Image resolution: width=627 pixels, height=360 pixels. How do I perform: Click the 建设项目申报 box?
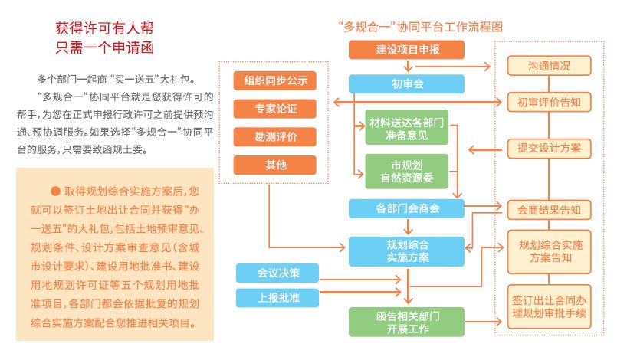coord(407,51)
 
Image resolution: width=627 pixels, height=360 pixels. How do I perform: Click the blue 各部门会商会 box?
coord(407,208)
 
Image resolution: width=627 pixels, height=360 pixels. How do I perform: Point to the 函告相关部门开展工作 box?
coord(407,322)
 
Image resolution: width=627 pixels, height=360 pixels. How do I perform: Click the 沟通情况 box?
coord(549,67)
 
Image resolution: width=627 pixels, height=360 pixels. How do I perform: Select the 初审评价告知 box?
coord(549,101)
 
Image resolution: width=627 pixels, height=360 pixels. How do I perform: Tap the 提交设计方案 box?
coord(549,148)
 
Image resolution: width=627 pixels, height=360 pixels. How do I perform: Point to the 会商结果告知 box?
coord(549,209)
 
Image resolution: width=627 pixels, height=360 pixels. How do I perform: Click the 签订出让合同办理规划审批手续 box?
coord(549,305)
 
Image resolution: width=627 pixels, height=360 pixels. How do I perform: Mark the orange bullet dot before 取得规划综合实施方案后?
coord(55,190)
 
